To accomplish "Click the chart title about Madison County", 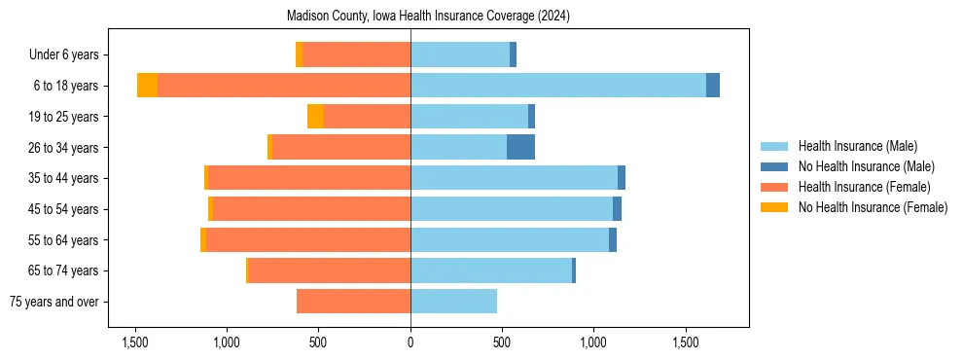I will (428, 17).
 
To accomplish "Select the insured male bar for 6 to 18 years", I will (558, 86).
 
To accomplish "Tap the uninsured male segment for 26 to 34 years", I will (520, 147).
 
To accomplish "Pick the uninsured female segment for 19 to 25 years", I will (315, 117).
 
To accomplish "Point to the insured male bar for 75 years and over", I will (453, 302).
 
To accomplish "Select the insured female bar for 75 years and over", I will (353, 302).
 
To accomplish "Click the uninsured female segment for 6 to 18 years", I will (147, 86).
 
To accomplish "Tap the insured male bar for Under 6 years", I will (460, 54).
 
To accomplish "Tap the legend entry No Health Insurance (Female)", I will (873, 207).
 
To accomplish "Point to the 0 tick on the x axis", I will (410, 342).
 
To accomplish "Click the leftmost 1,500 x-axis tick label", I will (134, 342).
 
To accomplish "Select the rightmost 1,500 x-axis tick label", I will (686, 342).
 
